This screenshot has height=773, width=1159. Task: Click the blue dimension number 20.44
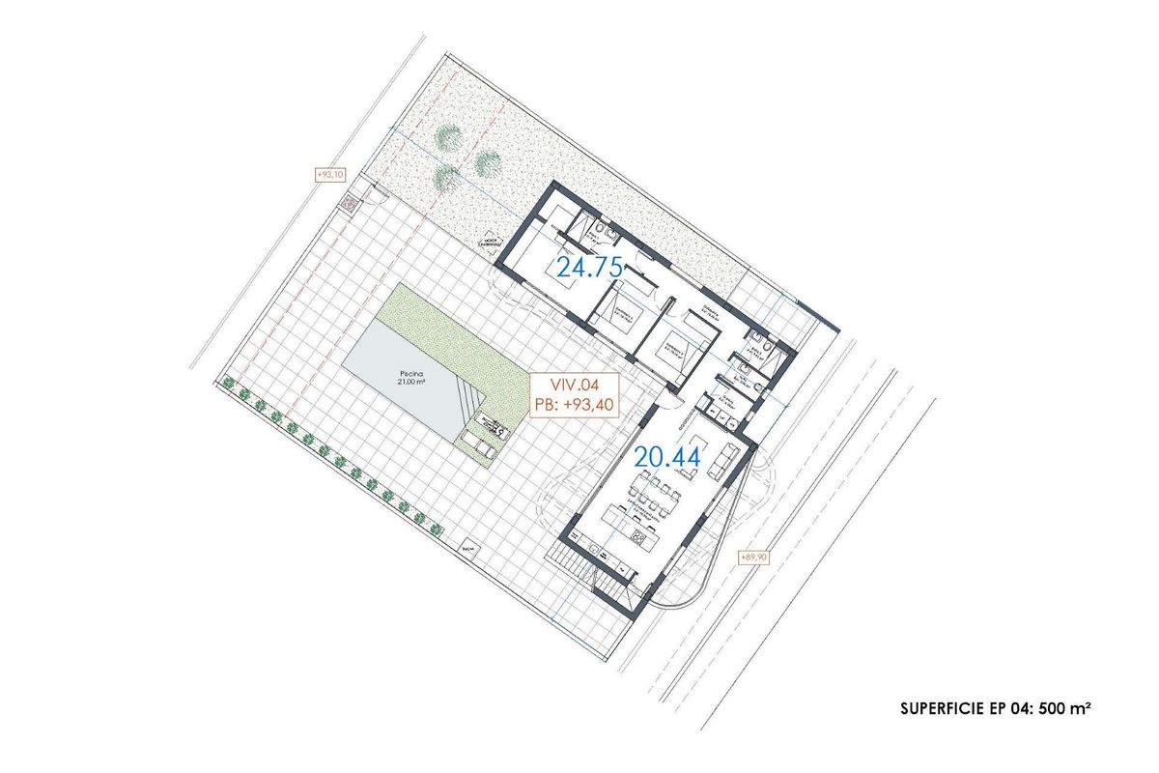pyautogui.click(x=666, y=457)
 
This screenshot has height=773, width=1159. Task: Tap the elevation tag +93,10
pyautogui.click(x=330, y=175)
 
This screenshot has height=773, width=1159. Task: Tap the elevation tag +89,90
pyautogui.click(x=753, y=558)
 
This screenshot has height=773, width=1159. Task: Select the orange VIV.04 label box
pyautogui.click(x=571, y=393)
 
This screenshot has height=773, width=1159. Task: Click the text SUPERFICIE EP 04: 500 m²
pyautogui.click(x=995, y=708)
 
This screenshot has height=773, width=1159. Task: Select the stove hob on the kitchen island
pyautogui.click(x=636, y=537)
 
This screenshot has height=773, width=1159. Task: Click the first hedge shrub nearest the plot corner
pyautogui.click(x=228, y=385)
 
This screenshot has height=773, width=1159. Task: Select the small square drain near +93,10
pyautogui.click(x=348, y=203)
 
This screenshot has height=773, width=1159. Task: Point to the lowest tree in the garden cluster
pyautogui.click(x=446, y=177)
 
